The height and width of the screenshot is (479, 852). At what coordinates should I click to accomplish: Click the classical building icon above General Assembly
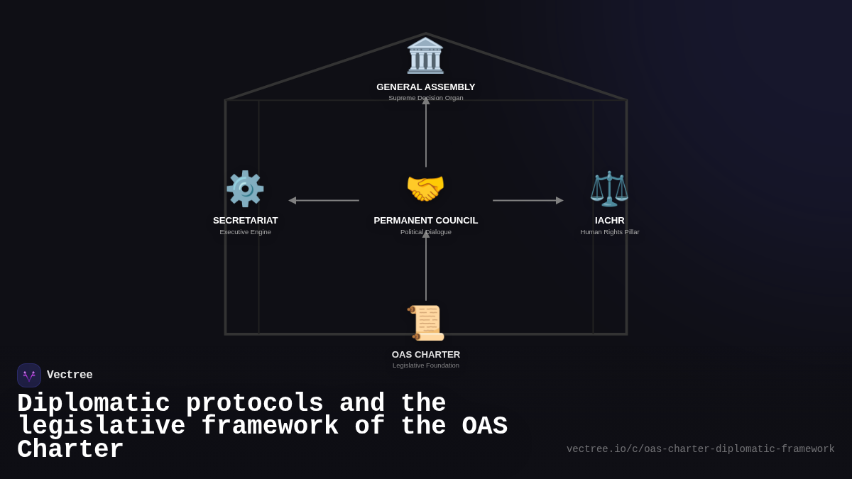(425, 55)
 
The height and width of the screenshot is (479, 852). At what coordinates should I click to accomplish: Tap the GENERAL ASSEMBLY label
(426, 87)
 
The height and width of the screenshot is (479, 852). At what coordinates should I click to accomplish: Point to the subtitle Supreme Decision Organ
(426, 98)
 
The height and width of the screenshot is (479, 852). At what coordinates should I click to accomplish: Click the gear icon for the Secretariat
(245, 189)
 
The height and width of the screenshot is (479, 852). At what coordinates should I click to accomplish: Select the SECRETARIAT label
(246, 221)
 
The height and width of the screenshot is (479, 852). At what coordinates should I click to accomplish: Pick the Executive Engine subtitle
(246, 232)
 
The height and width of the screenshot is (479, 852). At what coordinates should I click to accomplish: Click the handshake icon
(425, 189)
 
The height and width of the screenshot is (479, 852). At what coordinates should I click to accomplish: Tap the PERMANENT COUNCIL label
(426, 221)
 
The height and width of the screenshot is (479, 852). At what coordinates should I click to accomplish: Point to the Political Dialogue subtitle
(426, 232)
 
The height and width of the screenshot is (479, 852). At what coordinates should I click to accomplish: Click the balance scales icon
(609, 189)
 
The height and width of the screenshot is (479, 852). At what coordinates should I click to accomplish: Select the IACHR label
(610, 221)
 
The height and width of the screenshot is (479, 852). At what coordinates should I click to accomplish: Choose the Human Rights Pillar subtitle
(610, 232)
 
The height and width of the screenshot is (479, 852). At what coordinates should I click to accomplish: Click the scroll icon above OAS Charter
(426, 323)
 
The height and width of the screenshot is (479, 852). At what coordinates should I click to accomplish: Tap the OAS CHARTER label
(426, 355)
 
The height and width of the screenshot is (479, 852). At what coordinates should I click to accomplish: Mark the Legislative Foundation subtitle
(426, 365)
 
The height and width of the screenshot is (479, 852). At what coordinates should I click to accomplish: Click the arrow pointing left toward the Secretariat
(324, 201)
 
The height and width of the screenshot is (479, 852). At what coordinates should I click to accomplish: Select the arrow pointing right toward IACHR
(528, 201)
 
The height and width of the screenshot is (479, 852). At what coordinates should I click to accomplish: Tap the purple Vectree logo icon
(29, 375)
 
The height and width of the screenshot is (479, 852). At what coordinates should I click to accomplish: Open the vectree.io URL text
(700, 449)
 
